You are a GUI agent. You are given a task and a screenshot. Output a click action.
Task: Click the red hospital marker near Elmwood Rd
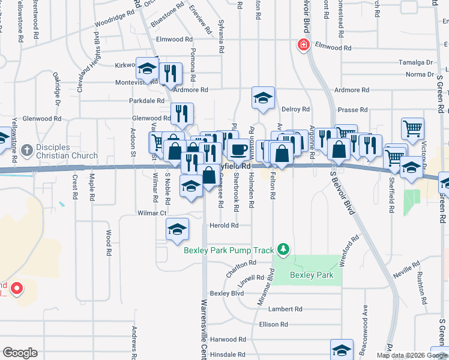pyautogui.click(x=304, y=45)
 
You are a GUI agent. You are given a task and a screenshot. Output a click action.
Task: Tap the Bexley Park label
pyautogui.click(x=311, y=275)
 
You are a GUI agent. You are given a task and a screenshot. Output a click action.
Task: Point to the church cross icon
pyautogui.click(x=25, y=149)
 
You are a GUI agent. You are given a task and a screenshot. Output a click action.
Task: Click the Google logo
pyautogui.click(x=20, y=353)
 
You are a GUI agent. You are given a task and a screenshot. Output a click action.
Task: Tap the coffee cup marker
pyautogui.click(x=238, y=149)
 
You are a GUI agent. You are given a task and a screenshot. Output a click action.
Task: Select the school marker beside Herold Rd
pyautogui.click(x=178, y=229)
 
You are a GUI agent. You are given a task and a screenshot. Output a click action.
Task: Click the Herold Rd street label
pyautogui.click(x=224, y=226)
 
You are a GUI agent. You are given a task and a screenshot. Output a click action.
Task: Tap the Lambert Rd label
pyautogui.click(x=285, y=309)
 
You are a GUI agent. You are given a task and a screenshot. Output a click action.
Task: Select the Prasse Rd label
pyautogui.click(x=352, y=110)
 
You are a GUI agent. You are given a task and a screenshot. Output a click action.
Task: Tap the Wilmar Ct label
pyautogui.click(x=151, y=213)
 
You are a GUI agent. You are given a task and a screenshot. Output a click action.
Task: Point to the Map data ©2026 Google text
pyautogui.click(x=411, y=355)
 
